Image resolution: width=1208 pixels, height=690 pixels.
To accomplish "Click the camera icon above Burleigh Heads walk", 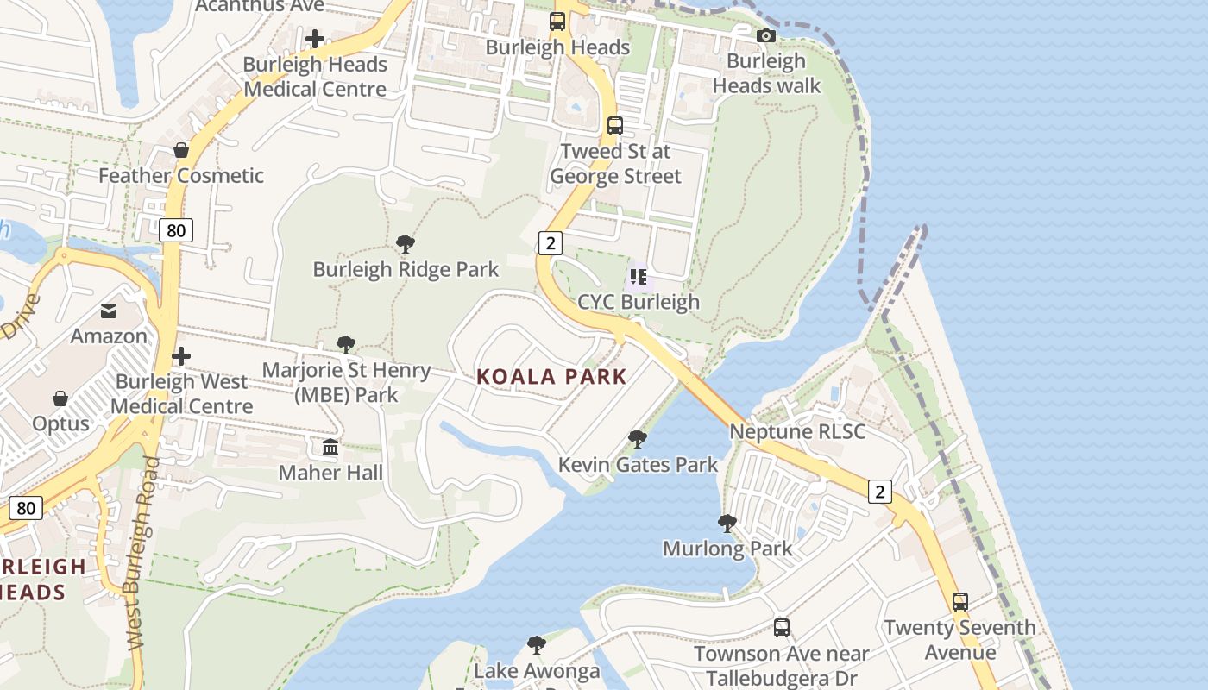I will pos(765,36).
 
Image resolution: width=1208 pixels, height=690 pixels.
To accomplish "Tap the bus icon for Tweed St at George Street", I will pos(615,126).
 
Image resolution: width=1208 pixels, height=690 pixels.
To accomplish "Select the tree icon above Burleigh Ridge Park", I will pos(406,244).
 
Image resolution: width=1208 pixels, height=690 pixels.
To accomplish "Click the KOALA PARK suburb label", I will pos(551,377).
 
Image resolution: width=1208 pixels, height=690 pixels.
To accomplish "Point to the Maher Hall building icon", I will pos(330,448).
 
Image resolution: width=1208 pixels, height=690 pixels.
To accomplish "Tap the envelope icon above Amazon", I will pos(110,311).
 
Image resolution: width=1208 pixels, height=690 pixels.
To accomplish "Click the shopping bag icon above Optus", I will pos(60,398).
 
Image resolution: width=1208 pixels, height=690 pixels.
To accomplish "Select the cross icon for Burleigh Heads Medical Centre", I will pos(315,39).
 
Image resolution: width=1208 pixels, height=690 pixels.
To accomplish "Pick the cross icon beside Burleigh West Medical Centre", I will pos(181,356).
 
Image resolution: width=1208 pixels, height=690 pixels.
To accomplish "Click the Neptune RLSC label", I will pos(797,431).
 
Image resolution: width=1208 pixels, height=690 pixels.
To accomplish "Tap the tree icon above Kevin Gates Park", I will pos(638,439).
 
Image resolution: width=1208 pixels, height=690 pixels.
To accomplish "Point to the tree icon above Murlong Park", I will pos(727,523).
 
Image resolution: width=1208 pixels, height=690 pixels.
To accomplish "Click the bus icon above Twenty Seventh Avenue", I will pos(960,602).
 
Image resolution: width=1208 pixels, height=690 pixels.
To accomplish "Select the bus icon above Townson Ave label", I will pos(782,628).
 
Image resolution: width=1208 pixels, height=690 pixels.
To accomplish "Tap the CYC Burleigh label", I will pos(638,302).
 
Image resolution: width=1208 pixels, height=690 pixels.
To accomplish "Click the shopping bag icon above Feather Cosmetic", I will pos(181,150).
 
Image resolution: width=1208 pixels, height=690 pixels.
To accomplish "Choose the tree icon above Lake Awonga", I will pos(537,645).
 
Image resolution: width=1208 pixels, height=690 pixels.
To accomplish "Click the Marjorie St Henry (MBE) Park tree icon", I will pos(346,345).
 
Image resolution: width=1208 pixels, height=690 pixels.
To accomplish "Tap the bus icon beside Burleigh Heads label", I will pos(557,22).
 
